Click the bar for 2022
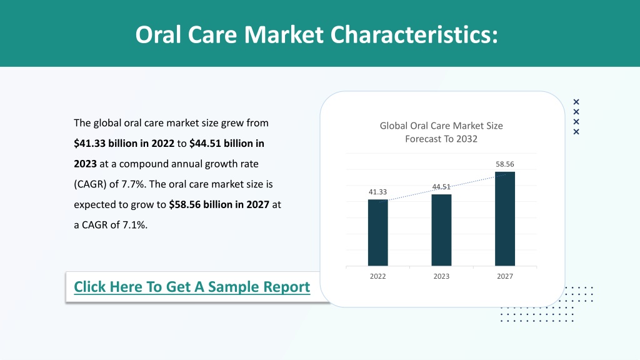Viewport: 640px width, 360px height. [377, 232]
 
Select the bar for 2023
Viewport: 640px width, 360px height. [441, 230]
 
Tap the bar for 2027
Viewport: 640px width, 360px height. [505, 219]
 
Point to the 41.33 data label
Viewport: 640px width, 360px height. [377, 192]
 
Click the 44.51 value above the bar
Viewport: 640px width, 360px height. [441, 187]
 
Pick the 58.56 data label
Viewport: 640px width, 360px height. [505, 164]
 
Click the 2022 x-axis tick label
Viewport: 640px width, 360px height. [377, 276]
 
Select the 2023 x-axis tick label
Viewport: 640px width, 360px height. [441, 276]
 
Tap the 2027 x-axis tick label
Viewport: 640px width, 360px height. [505, 276]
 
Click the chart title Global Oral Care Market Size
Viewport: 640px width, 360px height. [441, 126]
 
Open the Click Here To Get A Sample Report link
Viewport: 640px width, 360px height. [192, 287]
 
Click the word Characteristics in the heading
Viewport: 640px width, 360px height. [414, 35]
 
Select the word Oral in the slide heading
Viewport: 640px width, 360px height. [158, 35]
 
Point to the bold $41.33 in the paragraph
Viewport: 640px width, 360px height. [89, 144]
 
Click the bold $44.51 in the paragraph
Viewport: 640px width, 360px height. [205, 144]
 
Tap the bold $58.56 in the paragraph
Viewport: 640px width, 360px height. [184, 204]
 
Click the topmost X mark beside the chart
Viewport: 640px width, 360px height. [576, 102]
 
